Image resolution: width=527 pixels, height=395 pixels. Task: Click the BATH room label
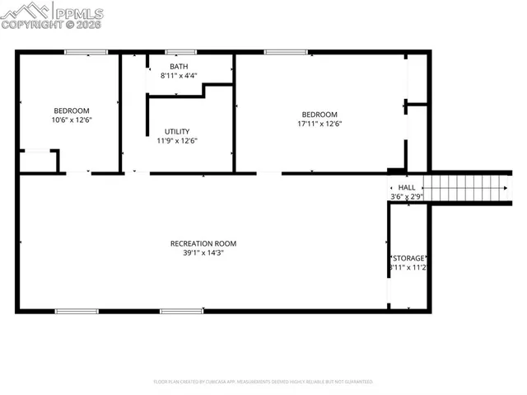(x=178, y=66)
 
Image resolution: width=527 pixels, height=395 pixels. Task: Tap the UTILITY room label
(x=177, y=131)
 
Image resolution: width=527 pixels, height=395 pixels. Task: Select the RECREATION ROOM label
(x=203, y=243)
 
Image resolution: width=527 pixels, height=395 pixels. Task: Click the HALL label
(x=407, y=188)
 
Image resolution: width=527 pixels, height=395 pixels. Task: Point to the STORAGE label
(x=408, y=258)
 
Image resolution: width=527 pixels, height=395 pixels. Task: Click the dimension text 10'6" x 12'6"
(x=72, y=120)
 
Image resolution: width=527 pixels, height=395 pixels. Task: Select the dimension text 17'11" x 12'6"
(x=319, y=124)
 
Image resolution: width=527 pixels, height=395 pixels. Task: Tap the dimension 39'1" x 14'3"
(x=203, y=252)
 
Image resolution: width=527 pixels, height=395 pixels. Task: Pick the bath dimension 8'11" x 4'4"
(x=178, y=75)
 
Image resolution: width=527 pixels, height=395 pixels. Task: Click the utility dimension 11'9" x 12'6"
(x=177, y=140)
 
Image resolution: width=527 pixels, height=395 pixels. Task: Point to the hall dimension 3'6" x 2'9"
(x=405, y=197)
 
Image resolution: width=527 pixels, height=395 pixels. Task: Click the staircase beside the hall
(x=466, y=188)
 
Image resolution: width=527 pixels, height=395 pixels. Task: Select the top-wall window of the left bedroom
(x=86, y=53)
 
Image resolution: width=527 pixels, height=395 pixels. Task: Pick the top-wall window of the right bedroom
(x=286, y=53)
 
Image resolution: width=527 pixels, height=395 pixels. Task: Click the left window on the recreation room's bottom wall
(x=77, y=311)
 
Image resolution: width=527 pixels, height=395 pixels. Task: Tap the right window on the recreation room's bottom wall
(x=181, y=311)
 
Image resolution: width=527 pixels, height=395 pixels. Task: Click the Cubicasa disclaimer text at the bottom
(x=263, y=382)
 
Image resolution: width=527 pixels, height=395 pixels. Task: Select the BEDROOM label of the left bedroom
(x=72, y=111)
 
